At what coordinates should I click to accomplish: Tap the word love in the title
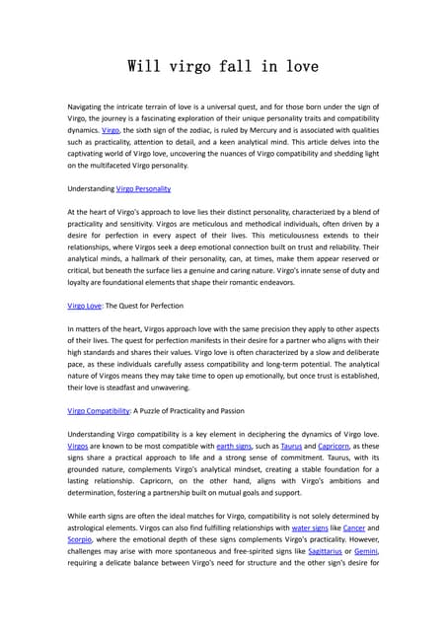point(297,67)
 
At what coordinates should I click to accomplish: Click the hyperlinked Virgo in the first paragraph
point(112,129)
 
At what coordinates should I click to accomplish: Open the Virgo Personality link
point(143,187)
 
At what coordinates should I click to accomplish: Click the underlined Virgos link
point(78,446)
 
